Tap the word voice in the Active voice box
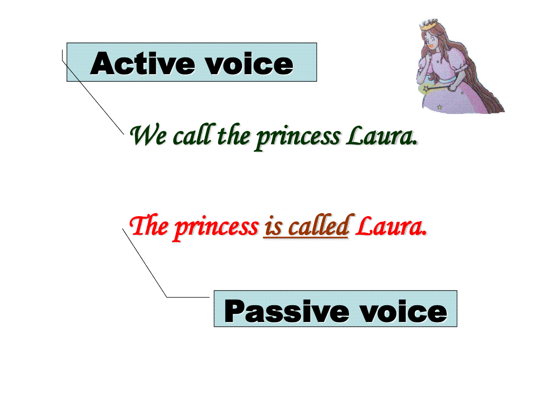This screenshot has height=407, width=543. point(250,63)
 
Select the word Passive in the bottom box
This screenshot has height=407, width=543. point(287,311)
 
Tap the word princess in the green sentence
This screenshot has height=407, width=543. point(298,137)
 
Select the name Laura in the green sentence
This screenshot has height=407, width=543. point(382,135)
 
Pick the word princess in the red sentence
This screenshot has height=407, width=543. point(216,228)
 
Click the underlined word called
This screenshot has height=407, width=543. point(319,225)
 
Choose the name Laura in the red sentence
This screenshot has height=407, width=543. point(391,225)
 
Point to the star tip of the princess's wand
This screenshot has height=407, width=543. point(426,88)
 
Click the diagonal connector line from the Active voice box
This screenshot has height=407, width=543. point(93,97)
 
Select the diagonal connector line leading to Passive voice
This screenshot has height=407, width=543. point(145,263)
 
